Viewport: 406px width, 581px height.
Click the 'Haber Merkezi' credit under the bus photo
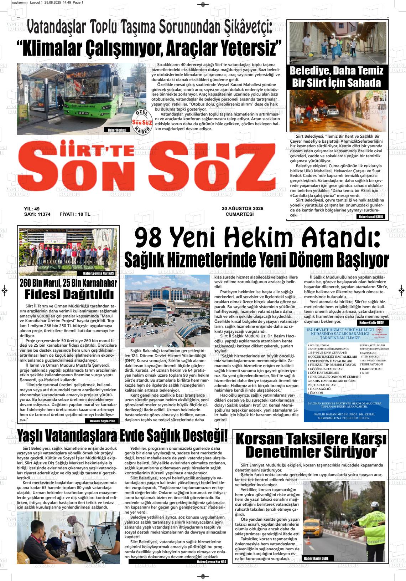pos(117,130)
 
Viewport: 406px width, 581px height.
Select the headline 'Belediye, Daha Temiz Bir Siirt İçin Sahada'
pos(336,76)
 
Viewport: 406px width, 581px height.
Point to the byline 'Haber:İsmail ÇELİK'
pos(371,216)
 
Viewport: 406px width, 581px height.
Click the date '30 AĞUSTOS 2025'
pos(242,209)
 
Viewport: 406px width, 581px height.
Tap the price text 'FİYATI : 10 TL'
pos(75,214)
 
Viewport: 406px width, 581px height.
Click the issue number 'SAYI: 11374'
pos(37,214)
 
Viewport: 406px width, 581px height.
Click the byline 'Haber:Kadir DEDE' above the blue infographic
pos(374,323)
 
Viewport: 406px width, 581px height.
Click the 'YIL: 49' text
pos(32,209)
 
